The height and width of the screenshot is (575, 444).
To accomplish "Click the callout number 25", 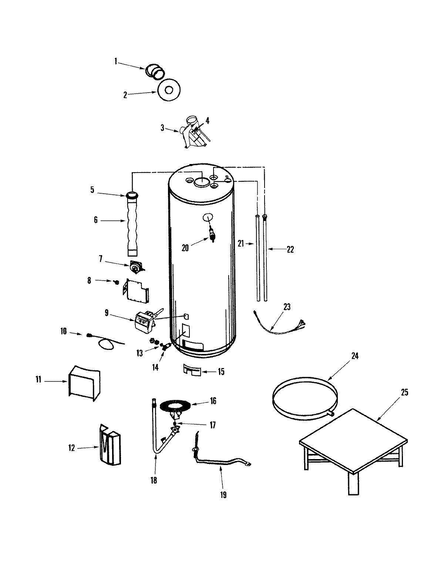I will (x=404, y=392).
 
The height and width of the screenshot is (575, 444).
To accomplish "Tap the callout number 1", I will (x=115, y=62).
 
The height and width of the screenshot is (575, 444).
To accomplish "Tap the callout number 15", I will (x=221, y=371).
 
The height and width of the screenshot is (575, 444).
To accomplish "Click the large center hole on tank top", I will (x=202, y=181).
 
